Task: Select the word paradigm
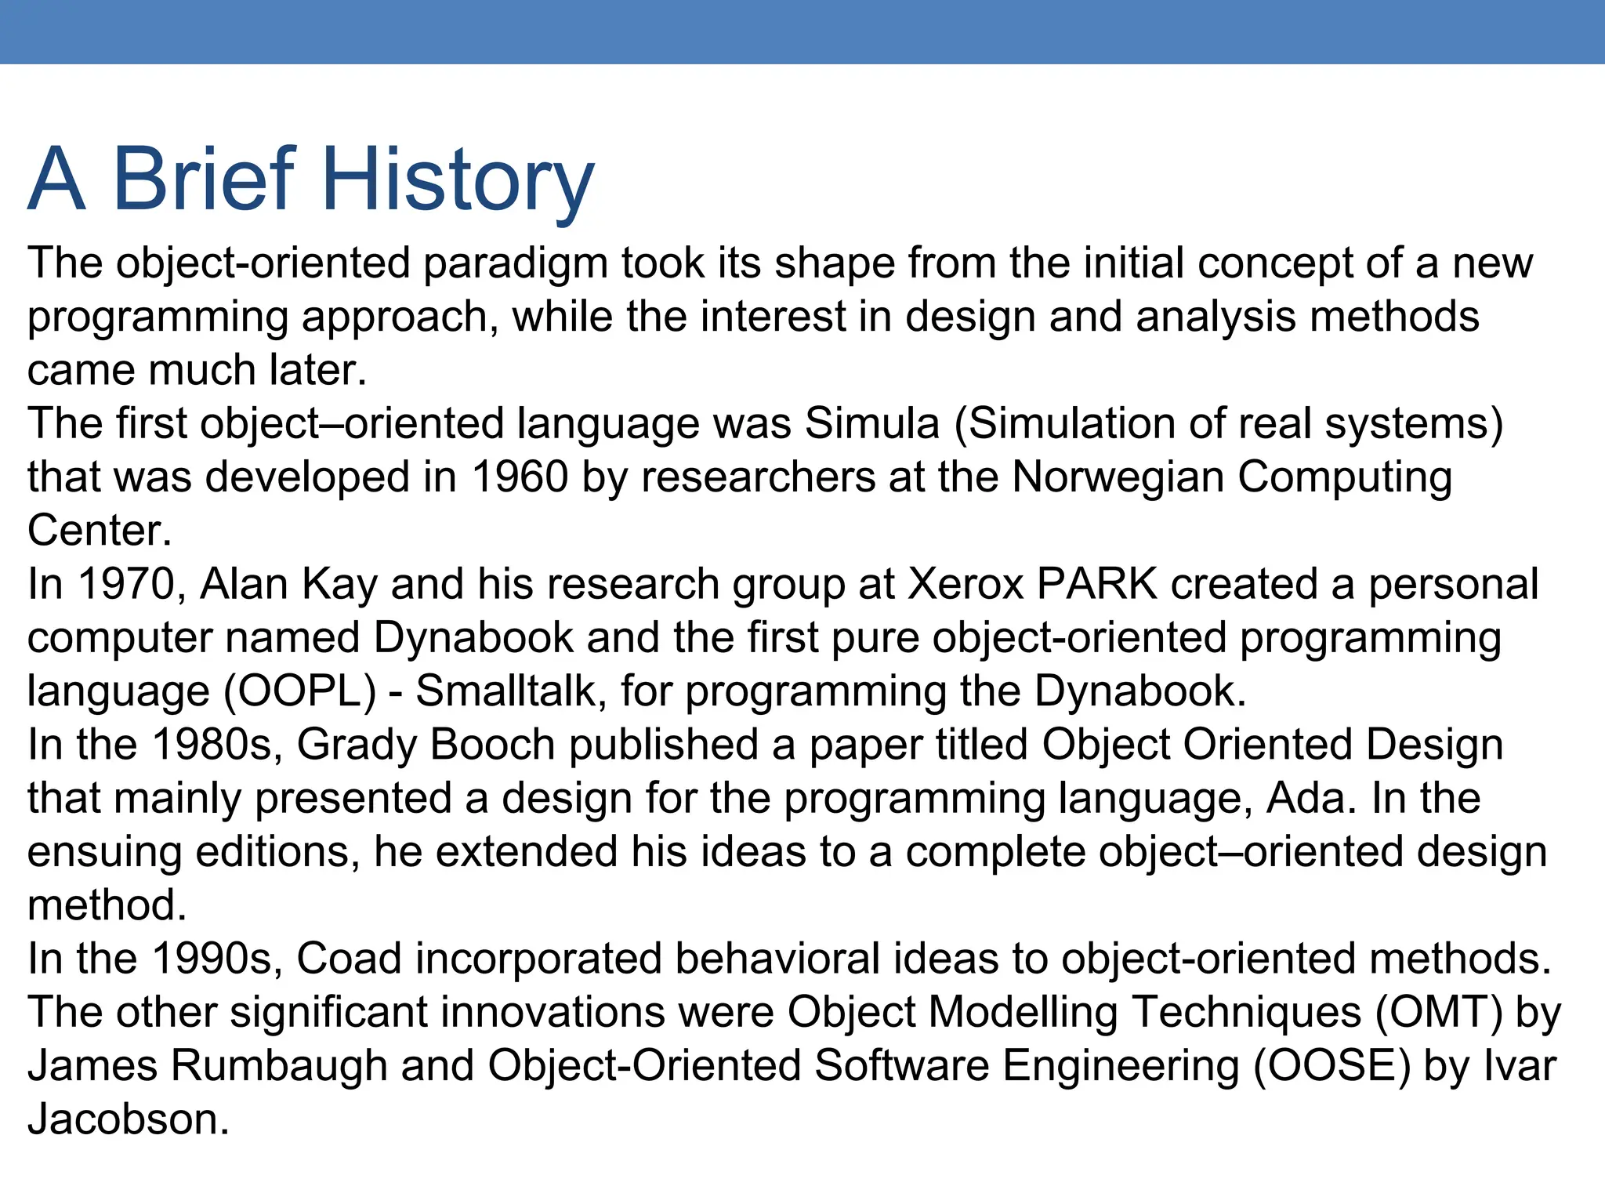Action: coord(516,263)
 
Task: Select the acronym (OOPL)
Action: coord(301,691)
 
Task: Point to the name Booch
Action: coord(493,745)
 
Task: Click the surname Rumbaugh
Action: coord(279,1066)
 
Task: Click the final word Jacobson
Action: coord(128,1119)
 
